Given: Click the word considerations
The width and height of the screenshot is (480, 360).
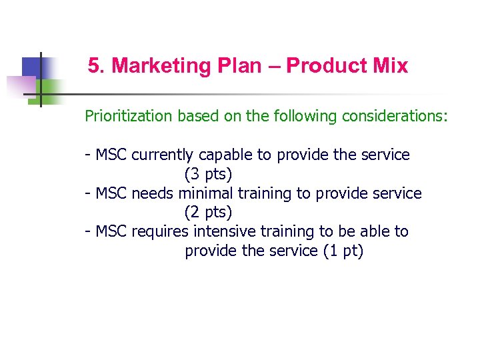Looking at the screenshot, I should [x=395, y=116].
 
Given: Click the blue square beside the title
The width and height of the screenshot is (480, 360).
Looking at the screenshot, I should [x=32, y=67].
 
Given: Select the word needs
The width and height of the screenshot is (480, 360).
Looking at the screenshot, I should [x=154, y=193].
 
